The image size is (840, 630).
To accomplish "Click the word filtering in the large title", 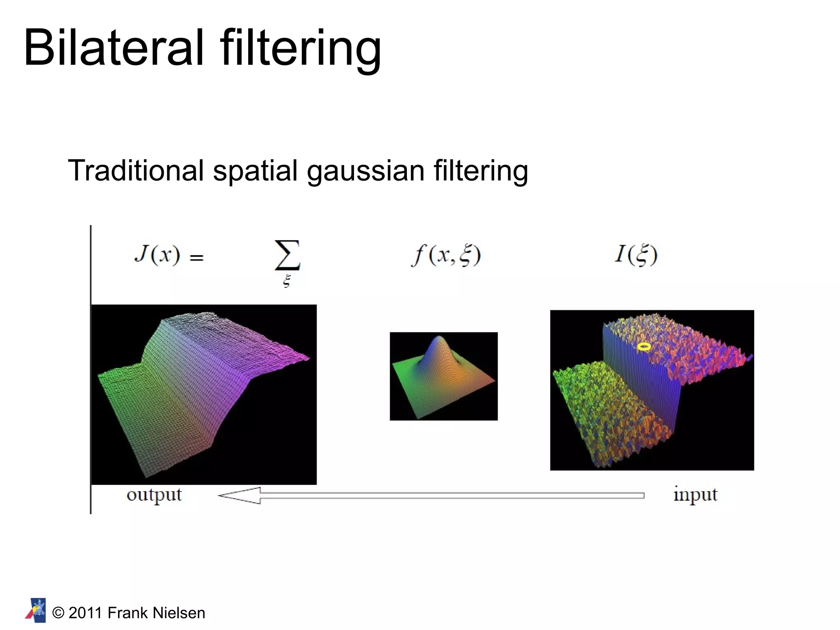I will pos(301,48).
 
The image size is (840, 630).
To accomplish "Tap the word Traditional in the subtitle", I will pos(136,170).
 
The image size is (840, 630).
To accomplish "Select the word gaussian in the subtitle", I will pos(366,171).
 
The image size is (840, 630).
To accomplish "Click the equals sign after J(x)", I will pos(196,257).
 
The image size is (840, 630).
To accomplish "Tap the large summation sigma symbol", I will pos(287,255).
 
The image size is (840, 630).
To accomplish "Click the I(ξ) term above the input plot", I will pos(636,254).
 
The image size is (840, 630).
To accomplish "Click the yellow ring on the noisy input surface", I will pos(644,347).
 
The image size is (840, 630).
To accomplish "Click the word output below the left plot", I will pos(154,495).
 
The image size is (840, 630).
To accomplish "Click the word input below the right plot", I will pos(695,494).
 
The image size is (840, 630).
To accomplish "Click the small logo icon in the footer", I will pos(36,610).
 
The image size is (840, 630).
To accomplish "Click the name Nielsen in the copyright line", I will pos(179,613).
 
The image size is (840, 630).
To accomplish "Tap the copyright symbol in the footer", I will pos(59,613).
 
